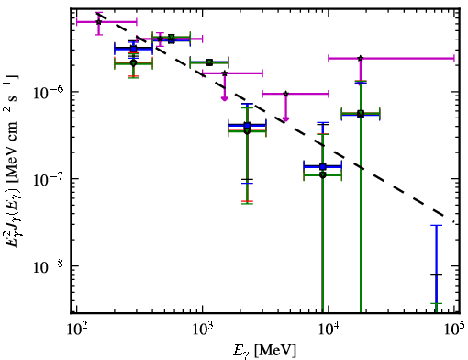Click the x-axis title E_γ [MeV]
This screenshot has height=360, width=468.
point(264,350)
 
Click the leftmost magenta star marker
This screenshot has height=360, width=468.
point(98,22)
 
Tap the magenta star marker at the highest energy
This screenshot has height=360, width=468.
point(361,58)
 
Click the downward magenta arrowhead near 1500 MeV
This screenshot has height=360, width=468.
point(225,98)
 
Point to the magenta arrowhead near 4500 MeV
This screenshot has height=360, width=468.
point(285,119)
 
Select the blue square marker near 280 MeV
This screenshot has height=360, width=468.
point(133,49)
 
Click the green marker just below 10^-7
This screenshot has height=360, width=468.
point(323,175)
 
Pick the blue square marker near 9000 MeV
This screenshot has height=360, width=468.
point(322,167)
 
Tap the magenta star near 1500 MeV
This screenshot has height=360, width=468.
point(225,73)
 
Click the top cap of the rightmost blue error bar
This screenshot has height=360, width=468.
point(437,226)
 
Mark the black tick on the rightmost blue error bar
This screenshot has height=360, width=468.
point(437,275)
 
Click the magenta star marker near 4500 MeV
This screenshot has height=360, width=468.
point(285,94)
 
